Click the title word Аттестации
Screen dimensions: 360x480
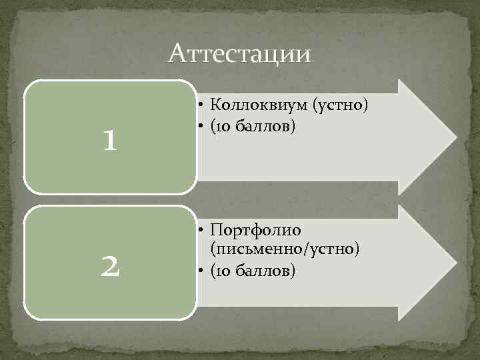[x=240, y=54]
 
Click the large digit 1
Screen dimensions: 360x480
[x=111, y=139]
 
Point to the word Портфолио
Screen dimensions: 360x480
[x=255, y=230]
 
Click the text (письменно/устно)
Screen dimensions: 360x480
[x=285, y=249]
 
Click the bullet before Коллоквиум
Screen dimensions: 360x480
[x=201, y=105]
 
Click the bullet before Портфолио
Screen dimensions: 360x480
[x=201, y=231]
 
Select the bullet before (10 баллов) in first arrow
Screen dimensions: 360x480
[x=201, y=126]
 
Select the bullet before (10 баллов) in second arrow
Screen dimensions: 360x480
[x=201, y=271]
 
